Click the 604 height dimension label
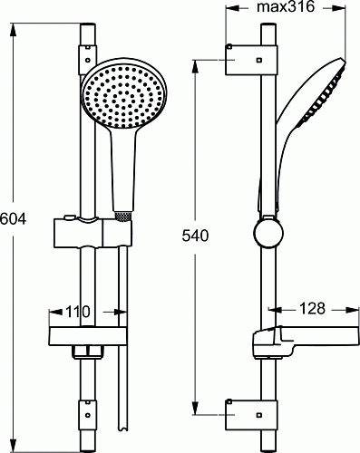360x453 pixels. pos(13,218)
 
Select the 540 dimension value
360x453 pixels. pos(195,236)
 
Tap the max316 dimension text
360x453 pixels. pos(286,6)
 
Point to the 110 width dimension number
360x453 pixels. pos(78,312)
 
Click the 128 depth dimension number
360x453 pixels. pos(312,308)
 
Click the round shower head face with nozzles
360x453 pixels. pos(124,96)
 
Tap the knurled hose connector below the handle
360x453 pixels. pos(123,216)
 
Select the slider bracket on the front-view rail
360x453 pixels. pos(93,232)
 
